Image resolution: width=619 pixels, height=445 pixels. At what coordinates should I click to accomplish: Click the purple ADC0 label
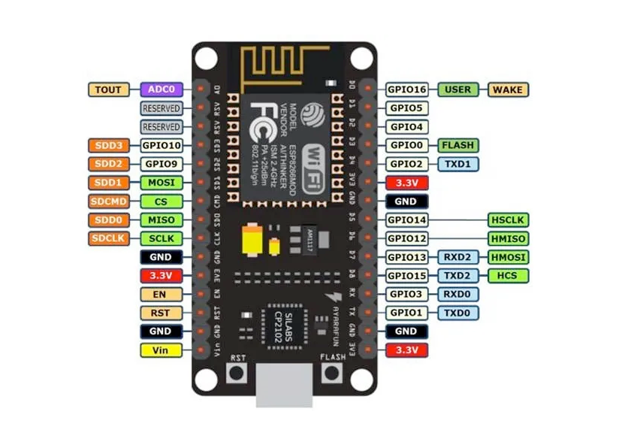(x=161, y=89)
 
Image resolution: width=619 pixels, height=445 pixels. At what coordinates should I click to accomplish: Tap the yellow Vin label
(x=161, y=350)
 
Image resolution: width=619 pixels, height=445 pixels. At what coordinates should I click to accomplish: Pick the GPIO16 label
(x=407, y=89)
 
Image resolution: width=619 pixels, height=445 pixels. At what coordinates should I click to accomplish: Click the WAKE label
(x=509, y=89)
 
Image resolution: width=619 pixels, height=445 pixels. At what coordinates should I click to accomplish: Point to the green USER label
(x=457, y=89)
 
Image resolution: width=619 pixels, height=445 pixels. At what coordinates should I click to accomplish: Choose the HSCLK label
(x=509, y=220)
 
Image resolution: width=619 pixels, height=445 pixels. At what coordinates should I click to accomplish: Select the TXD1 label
(x=457, y=164)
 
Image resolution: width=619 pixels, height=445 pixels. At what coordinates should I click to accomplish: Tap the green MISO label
(x=161, y=220)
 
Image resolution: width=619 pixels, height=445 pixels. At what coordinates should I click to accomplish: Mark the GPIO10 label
(x=161, y=145)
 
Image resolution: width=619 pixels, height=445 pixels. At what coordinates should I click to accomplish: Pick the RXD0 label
(x=457, y=294)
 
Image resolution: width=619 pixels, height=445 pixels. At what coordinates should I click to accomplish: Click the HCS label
(x=509, y=276)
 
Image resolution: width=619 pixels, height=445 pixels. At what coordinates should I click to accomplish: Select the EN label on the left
(x=161, y=294)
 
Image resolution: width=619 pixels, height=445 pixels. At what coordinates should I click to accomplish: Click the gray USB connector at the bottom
(x=283, y=387)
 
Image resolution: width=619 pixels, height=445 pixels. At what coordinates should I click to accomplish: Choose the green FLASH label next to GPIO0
(x=457, y=145)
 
